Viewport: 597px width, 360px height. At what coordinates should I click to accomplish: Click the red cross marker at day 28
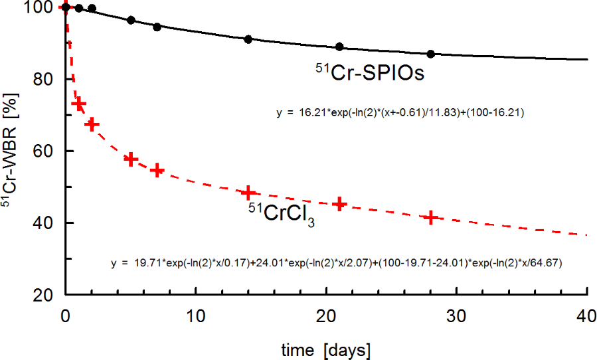pyautogui.click(x=431, y=217)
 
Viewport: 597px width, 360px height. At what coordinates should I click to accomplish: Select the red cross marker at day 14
pyautogui.click(x=248, y=193)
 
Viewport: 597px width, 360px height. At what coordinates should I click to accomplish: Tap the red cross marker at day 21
pyautogui.click(x=339, y=203)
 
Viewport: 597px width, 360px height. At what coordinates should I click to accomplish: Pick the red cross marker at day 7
pyautogui.click(x=157, y=170)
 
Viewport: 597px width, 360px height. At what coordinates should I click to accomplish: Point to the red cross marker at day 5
pyautogui.click(x=131, y=159)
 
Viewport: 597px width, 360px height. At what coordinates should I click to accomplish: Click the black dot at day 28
pyautogui.click(x=431, y=54)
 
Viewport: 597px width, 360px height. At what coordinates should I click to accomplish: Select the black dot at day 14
pyautogui.click(x=248, y=39)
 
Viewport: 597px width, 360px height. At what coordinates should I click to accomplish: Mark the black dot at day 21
pyautogui.click(x=339, y=46)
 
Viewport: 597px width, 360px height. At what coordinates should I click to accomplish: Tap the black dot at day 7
pyautogui.click(x=157, y=27)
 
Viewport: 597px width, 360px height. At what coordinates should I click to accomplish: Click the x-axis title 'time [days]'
pyautogui.click(x=325, y=348)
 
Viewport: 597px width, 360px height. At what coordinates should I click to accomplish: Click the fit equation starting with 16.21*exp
pyautogui.click(x=400, y=113)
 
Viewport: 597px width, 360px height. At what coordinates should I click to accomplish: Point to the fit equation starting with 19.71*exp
pyautogui.click(x=337, y=264)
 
